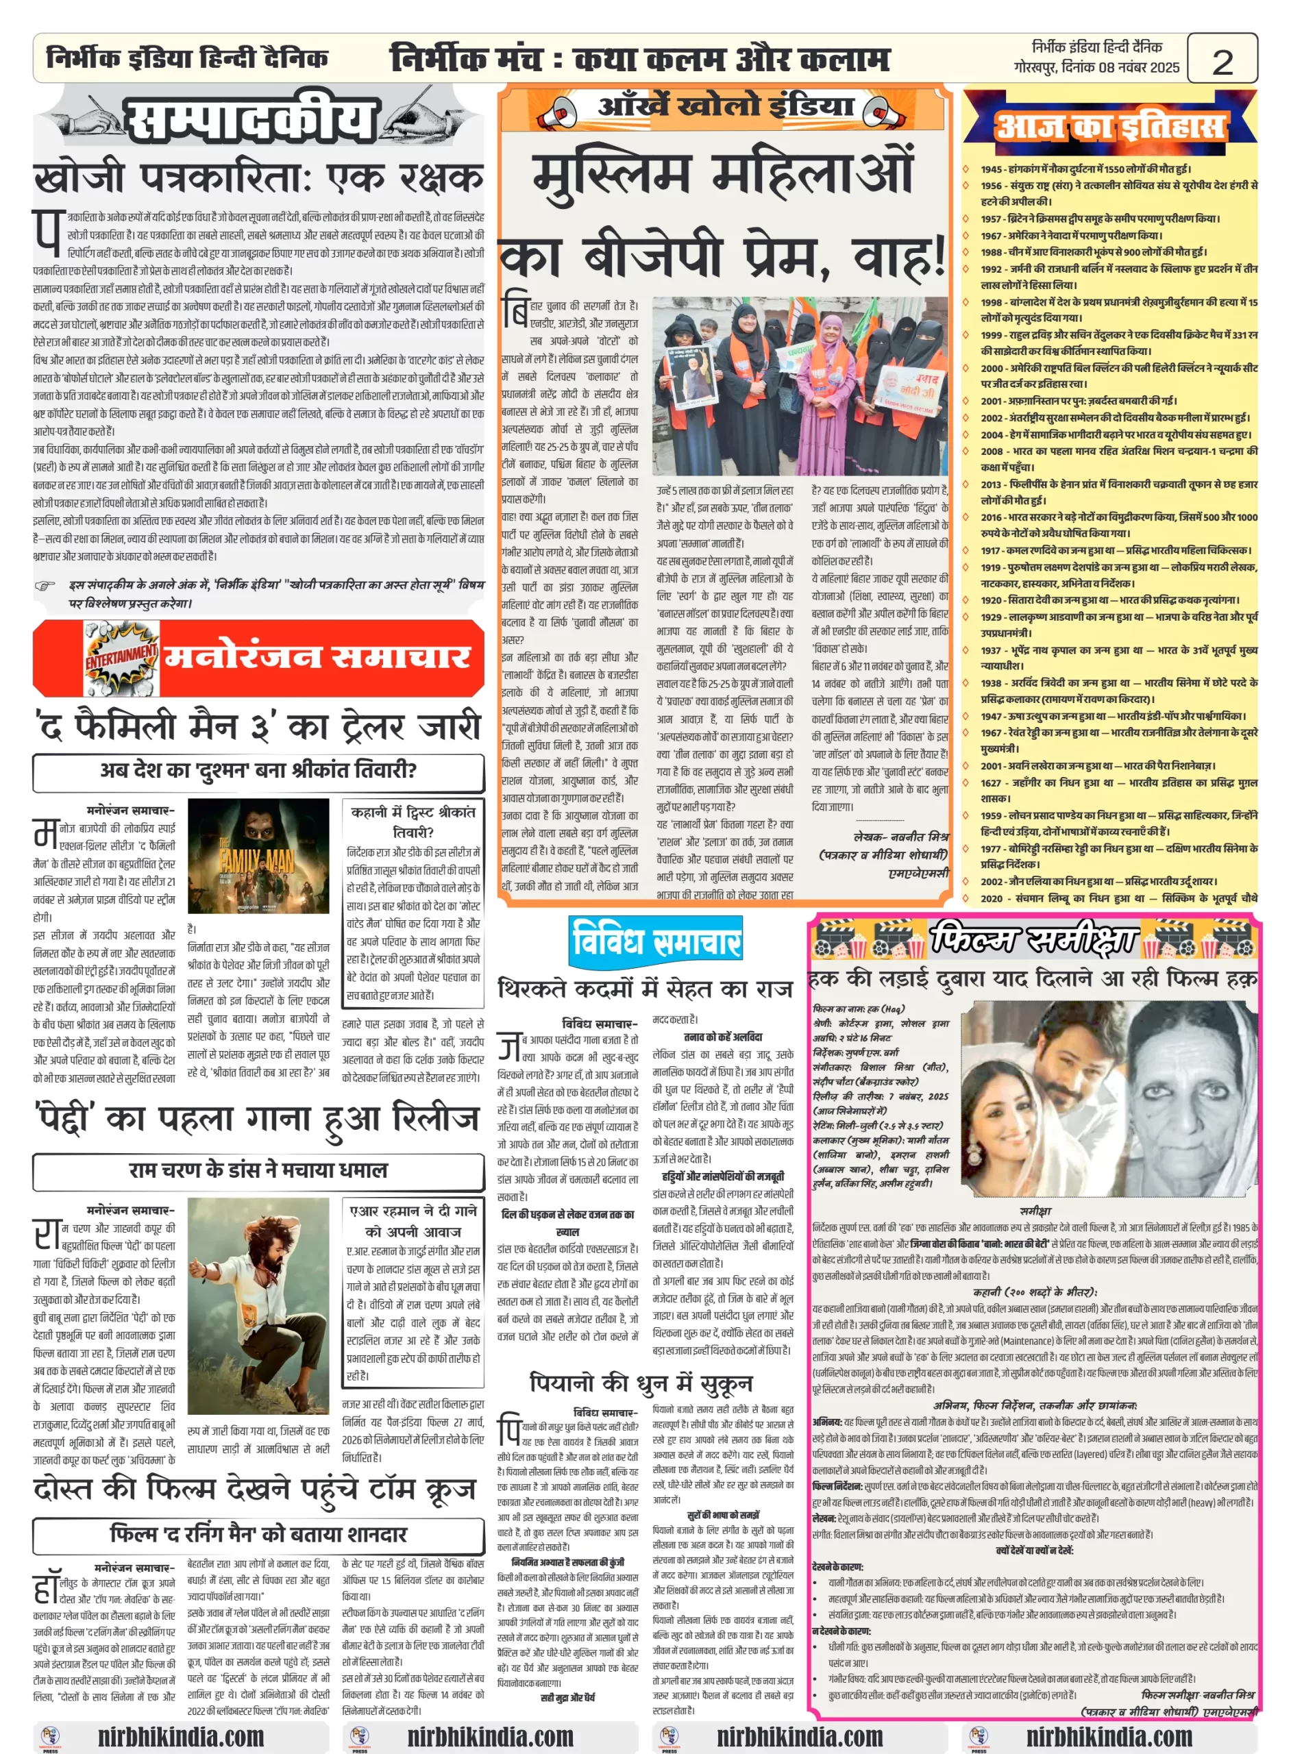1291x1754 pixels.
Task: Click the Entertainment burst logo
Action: click(121, 658)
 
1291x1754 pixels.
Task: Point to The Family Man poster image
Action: click(258, 856)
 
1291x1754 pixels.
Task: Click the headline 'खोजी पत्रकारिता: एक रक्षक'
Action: click(258, 179)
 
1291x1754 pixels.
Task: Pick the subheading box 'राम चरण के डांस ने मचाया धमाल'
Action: click(258, 1170)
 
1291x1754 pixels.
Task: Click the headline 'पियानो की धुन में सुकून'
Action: click(641, 1383)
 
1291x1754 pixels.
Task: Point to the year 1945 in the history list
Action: click(992, 169)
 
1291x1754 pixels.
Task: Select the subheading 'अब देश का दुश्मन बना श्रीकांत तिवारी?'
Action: click(258, 770)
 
